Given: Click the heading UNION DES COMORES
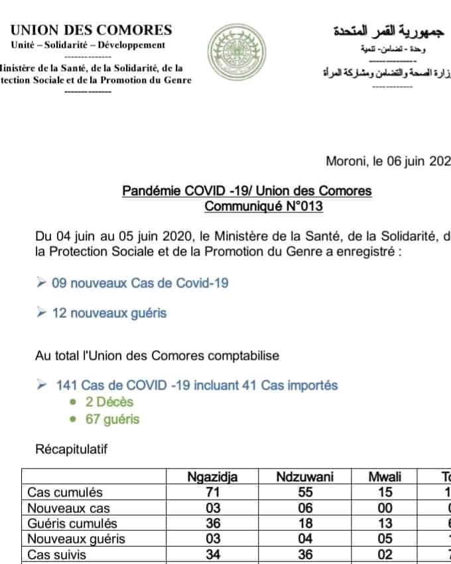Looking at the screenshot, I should click(x=92, y=30).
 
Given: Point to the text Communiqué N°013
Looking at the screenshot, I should click(x=263, y=206).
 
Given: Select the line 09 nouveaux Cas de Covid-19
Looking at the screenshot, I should click(x=140, y=283).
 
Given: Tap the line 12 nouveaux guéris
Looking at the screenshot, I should click(x=109, y=313).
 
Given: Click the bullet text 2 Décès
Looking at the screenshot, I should click(x=109, y=402).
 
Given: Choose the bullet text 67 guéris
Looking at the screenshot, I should click(x=113, y=419).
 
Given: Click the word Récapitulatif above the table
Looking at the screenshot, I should click(x=71, y=450).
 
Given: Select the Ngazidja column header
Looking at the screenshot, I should click(x=212, y=477).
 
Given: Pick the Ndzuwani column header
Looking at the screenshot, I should click(x=305, y=477).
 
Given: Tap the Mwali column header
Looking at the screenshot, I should click(x=385, y=477).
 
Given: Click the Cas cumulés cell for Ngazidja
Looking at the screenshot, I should click(x=212, y=493).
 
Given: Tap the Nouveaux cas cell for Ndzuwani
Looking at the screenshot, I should click(x=305, y=508).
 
